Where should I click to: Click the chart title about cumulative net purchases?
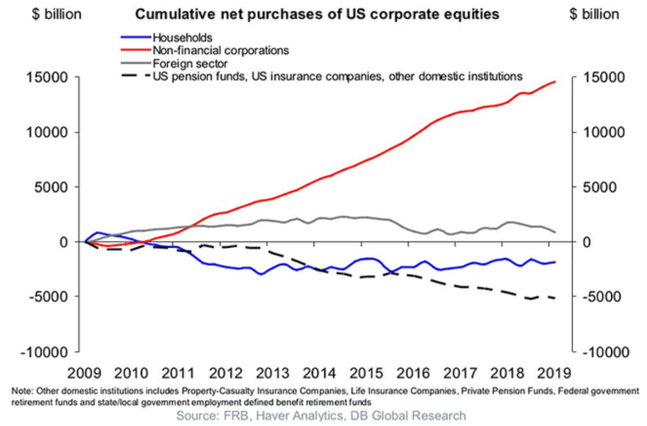(x=317, y=14)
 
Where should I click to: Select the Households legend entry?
(x=182, y=37)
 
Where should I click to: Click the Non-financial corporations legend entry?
(x=221, y=51)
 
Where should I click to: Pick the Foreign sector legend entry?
(x=191, y=64)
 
